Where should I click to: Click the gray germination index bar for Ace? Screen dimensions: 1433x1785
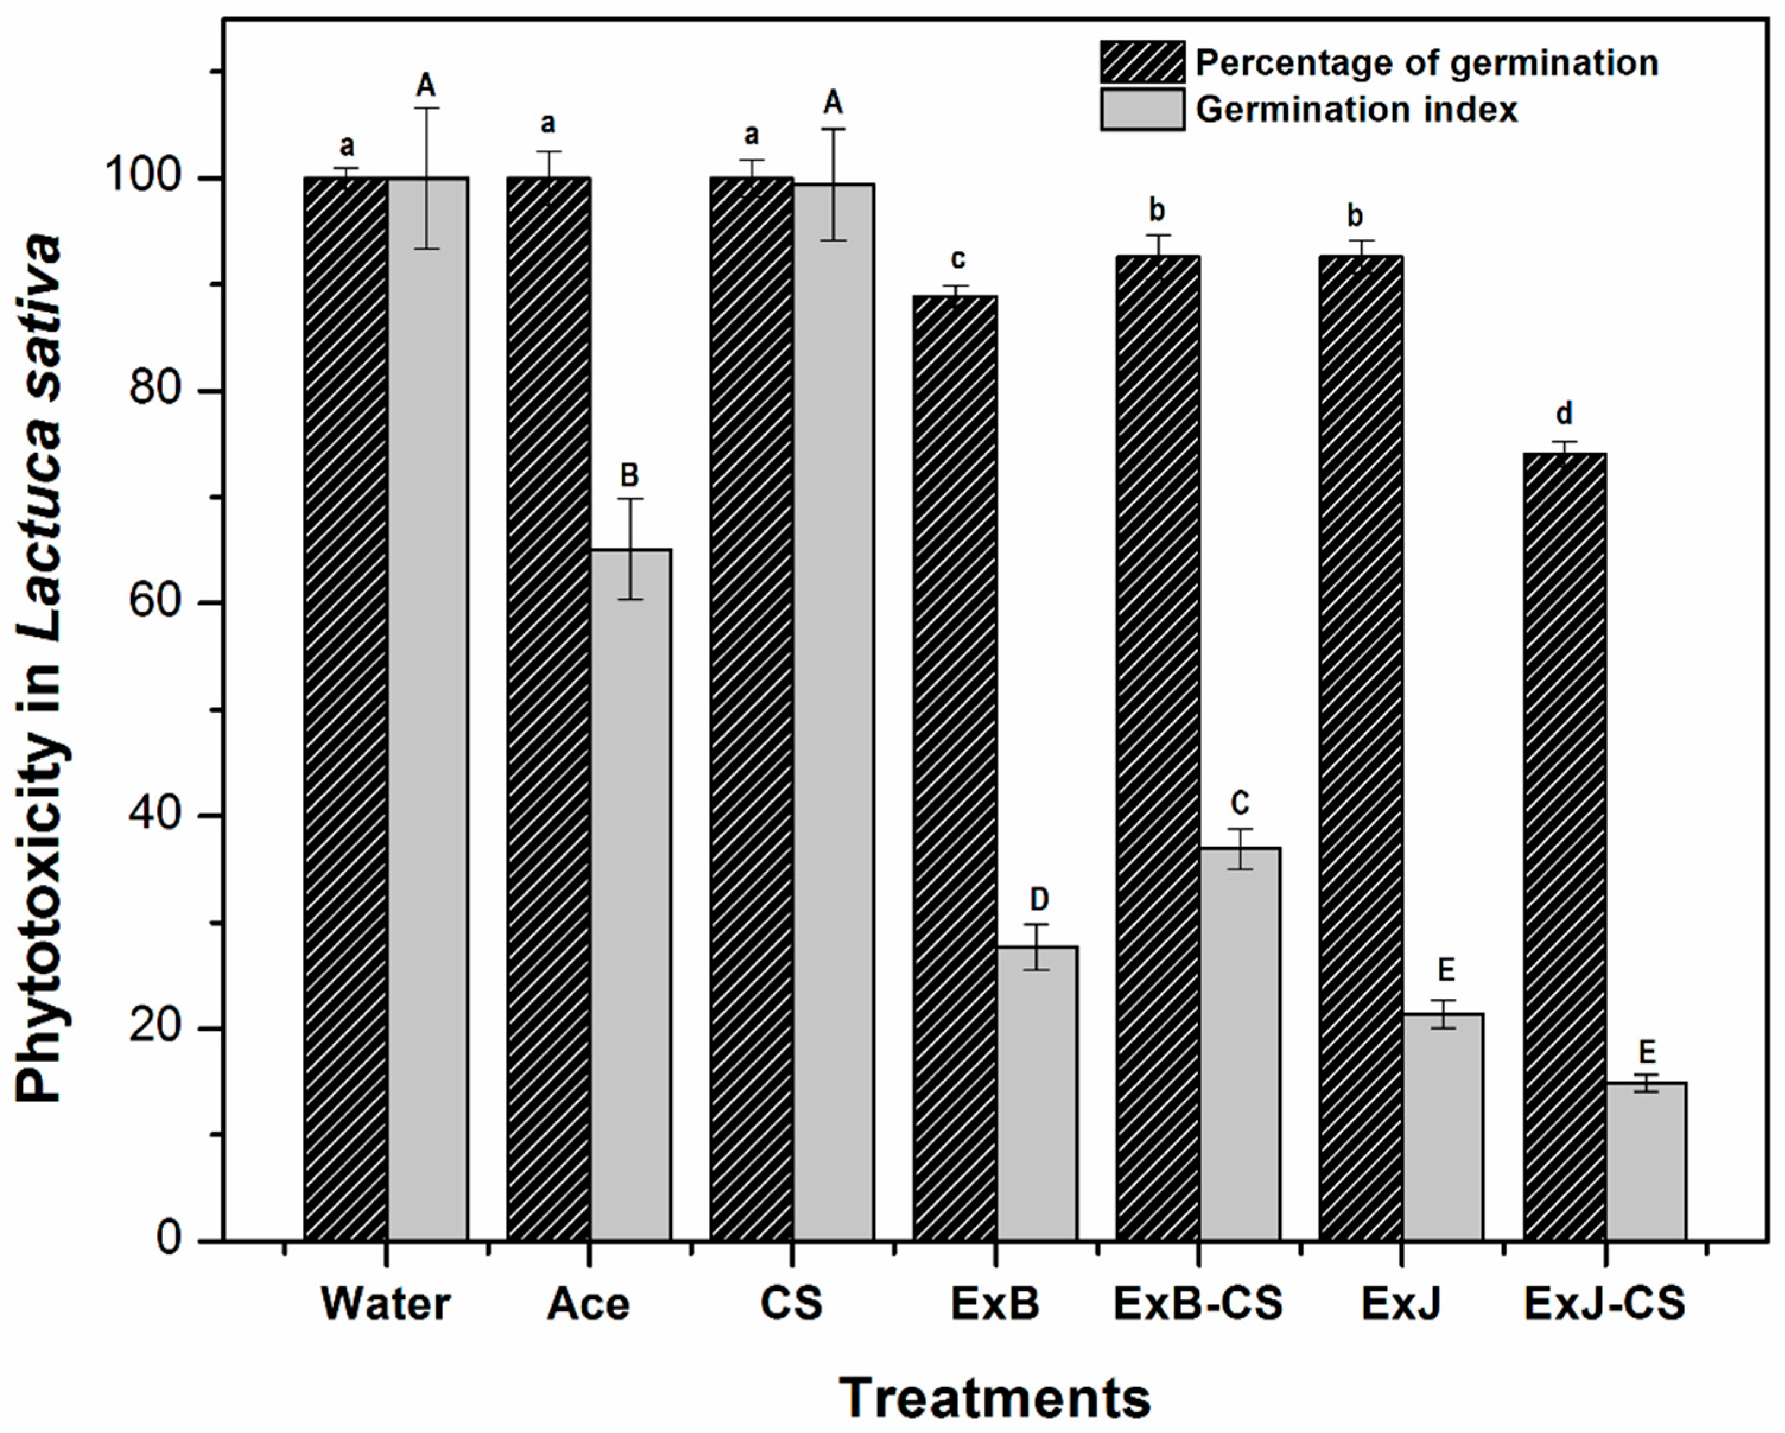coord(630,894)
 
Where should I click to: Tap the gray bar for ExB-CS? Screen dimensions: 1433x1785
coord(1240,1043)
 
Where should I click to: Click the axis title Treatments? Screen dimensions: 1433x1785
coord(995,1397)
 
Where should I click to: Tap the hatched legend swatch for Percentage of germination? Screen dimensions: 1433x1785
coord(1142,62)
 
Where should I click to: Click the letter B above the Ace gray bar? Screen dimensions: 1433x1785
coord(629,475)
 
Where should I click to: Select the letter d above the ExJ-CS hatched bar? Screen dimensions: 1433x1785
coord(1564,413)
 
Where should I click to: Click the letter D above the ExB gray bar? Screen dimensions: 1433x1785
coord(1038,898)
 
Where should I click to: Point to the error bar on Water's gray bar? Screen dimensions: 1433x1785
coord(427,178)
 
